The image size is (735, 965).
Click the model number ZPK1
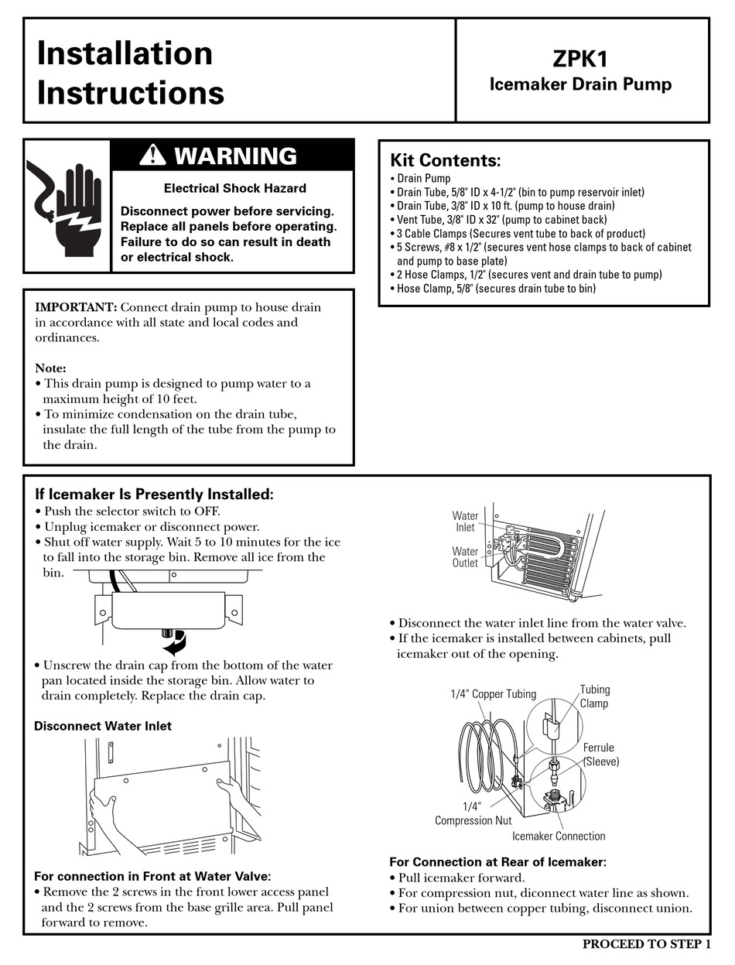coord(580,59)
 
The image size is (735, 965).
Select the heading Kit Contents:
coord(445,160)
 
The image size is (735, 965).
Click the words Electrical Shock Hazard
coord(234,188)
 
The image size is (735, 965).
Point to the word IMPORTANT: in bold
coord(76,307)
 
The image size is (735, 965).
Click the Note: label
coord(50,368)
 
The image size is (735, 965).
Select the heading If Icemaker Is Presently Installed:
coord(154,494)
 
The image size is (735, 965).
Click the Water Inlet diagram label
coord(465,522)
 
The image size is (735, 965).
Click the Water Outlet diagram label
coord(465,557)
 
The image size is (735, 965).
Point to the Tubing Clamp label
coord(594,696)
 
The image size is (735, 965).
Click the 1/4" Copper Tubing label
coord(493,694)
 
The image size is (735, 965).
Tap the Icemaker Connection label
coord(558,836)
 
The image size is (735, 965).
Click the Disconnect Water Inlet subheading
coord(103,726)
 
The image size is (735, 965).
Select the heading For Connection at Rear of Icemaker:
coord(497,861)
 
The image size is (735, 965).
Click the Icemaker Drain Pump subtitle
coord(580,84)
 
